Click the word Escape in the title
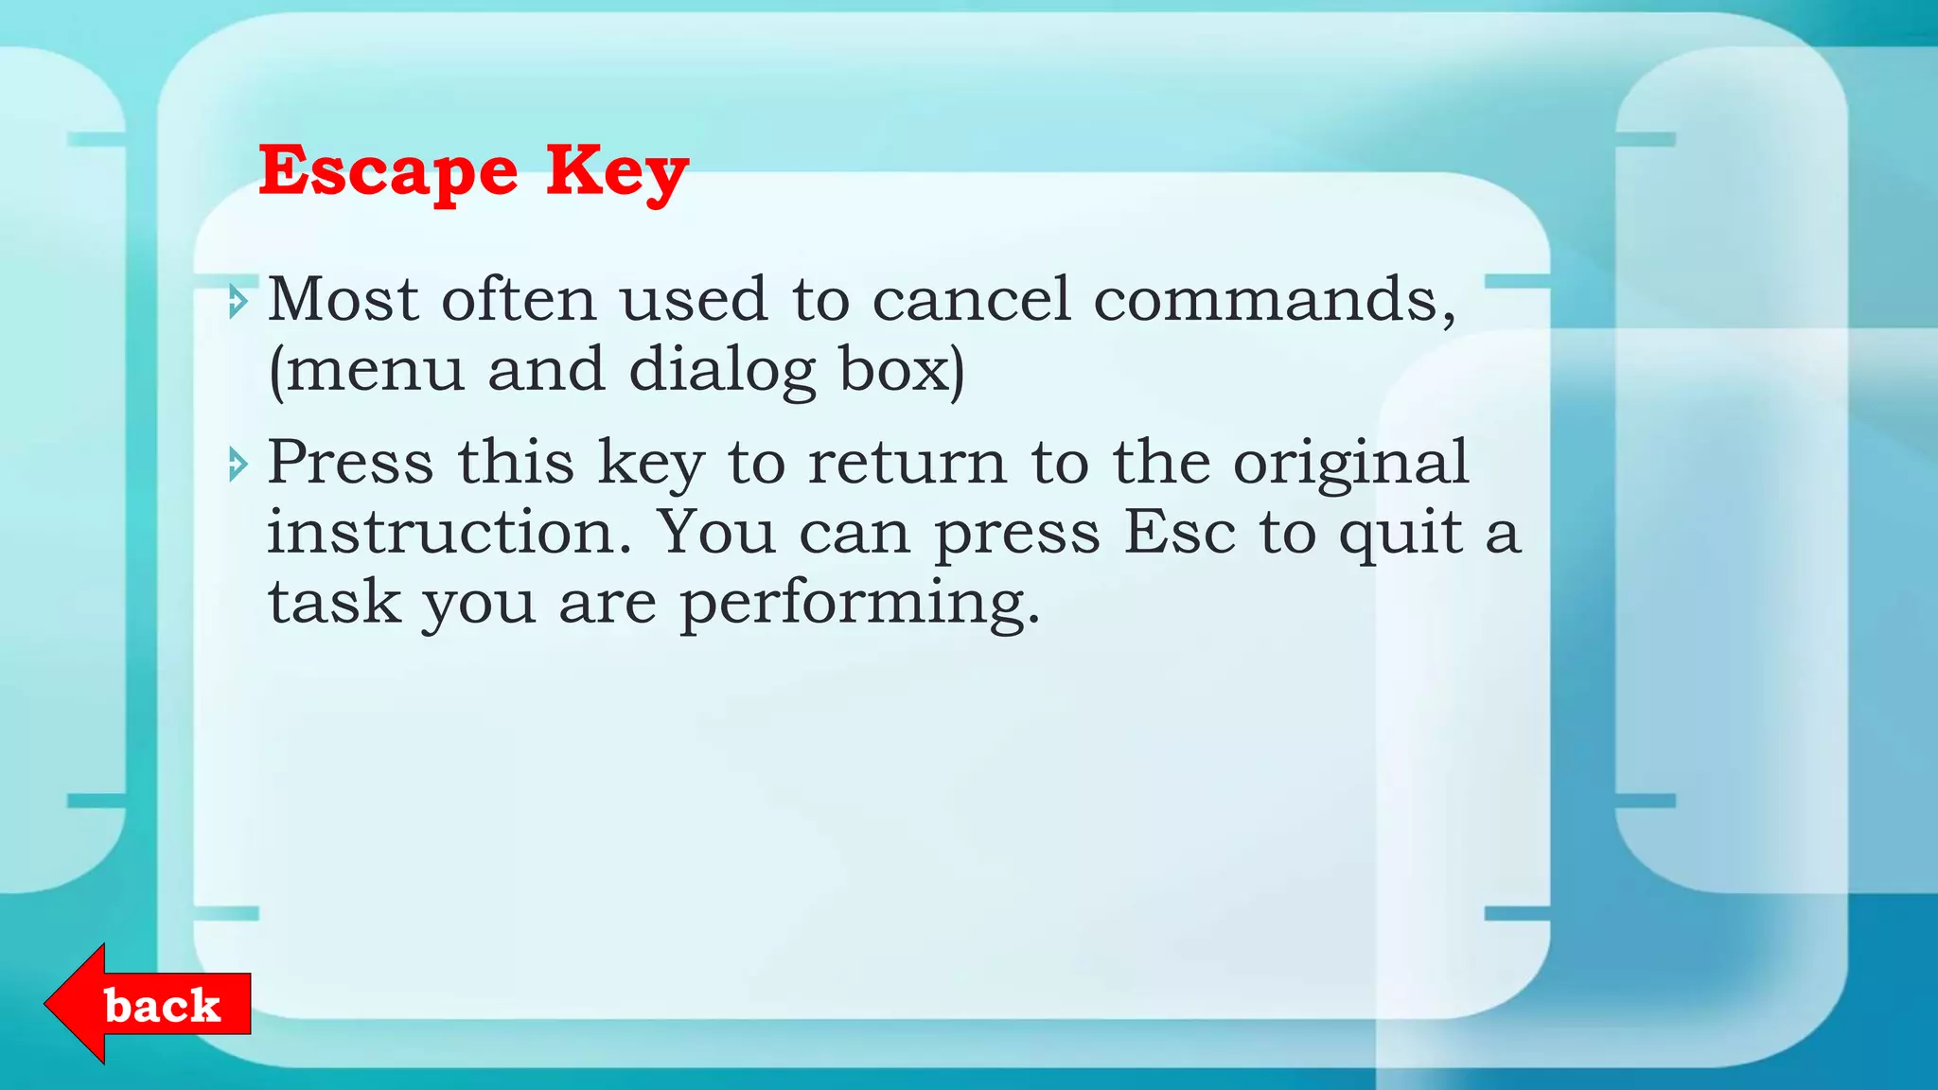(x=388, y=171)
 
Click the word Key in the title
(x=617, y=171)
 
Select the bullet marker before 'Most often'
(x=238, y=302)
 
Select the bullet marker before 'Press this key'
(x=238, y=465)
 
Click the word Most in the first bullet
(x=344, y=300)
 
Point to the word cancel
(x=971, y=300)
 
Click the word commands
(x=1274, y=300)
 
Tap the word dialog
(x=721, y=370)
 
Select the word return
(x=907, y=463)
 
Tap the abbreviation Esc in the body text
(x=1179, y=532)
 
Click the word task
(x=334, y=602)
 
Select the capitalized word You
(x=717, y=532)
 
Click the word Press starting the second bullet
(x=350, y=463)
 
